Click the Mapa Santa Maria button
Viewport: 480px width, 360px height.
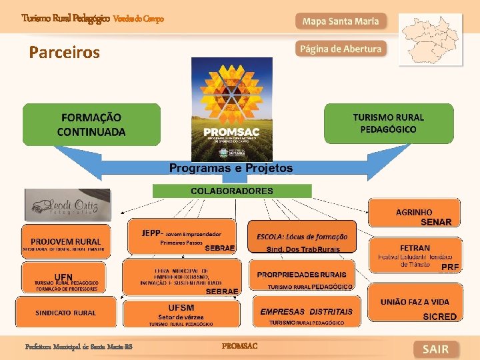point(340,21)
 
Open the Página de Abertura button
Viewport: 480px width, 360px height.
point(340,49)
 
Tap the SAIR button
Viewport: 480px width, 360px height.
point(435,349)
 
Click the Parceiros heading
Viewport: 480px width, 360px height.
point(65,52)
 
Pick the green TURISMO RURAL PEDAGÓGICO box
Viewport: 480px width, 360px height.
point(388,123)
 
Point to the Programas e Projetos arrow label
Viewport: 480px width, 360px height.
point(231,168)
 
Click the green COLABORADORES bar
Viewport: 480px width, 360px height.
point(232,191)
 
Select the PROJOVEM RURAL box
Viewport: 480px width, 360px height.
point(65,243)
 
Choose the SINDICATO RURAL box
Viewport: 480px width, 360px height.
point(65,312)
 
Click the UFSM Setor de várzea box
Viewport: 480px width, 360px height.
point(181,312)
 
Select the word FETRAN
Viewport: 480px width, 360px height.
point(415,248)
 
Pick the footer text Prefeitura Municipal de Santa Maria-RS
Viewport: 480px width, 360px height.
point(74,347)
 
